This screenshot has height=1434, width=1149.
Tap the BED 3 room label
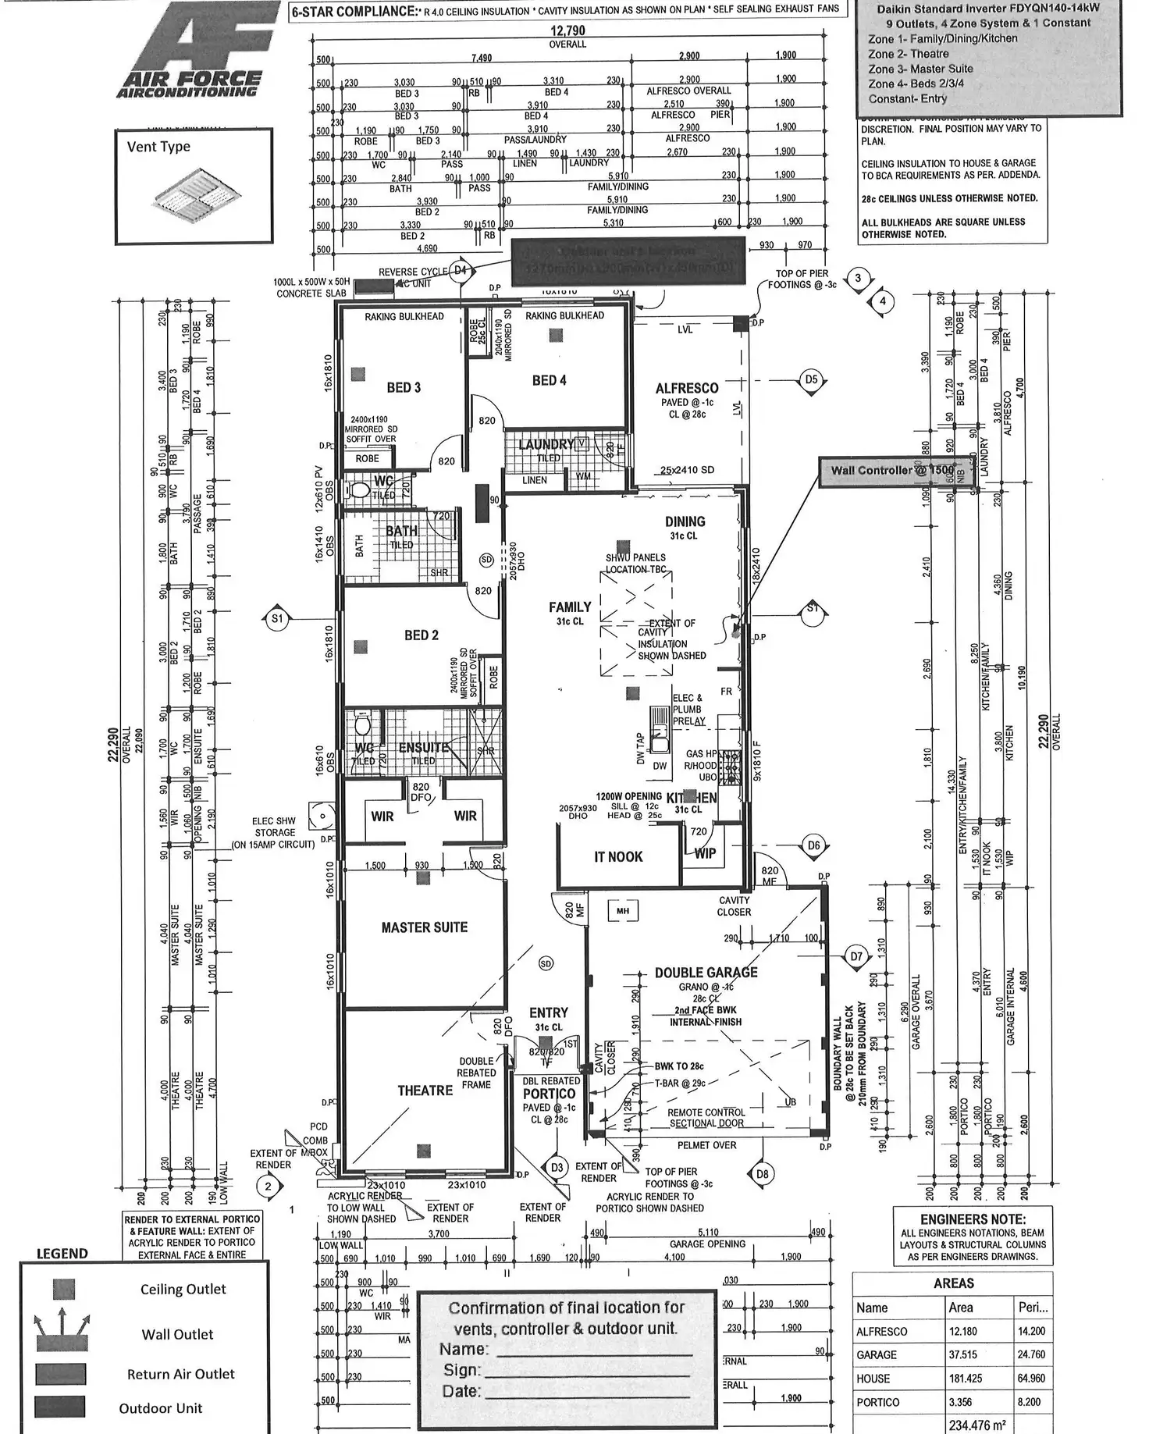[x=404, y=387]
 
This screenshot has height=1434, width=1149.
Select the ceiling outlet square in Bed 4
[x=556, y=335]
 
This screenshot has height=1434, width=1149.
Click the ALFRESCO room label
[x=687, y=388]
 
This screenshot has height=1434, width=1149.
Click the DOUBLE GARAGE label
[x=706, y=973]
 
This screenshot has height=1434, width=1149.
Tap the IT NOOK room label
[x=618, y=856]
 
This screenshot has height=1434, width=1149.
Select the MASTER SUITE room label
[x=425, y=927]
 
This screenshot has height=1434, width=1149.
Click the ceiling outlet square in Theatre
[x=424, y=1150]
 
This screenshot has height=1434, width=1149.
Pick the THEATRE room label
[x=425, y=1090]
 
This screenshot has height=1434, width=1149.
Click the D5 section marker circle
[x=812, y=380]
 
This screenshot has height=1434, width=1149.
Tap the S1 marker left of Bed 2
[x=276, y=619]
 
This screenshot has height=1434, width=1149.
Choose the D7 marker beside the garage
[x=856, y=956]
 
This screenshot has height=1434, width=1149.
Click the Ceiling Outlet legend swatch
[x=64, y=1289]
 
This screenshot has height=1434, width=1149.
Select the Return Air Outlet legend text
[x=180, y=1374]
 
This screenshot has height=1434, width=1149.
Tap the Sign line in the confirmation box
[x=593, y=1369]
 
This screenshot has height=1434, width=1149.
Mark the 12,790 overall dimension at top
[x=567, y=31]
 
